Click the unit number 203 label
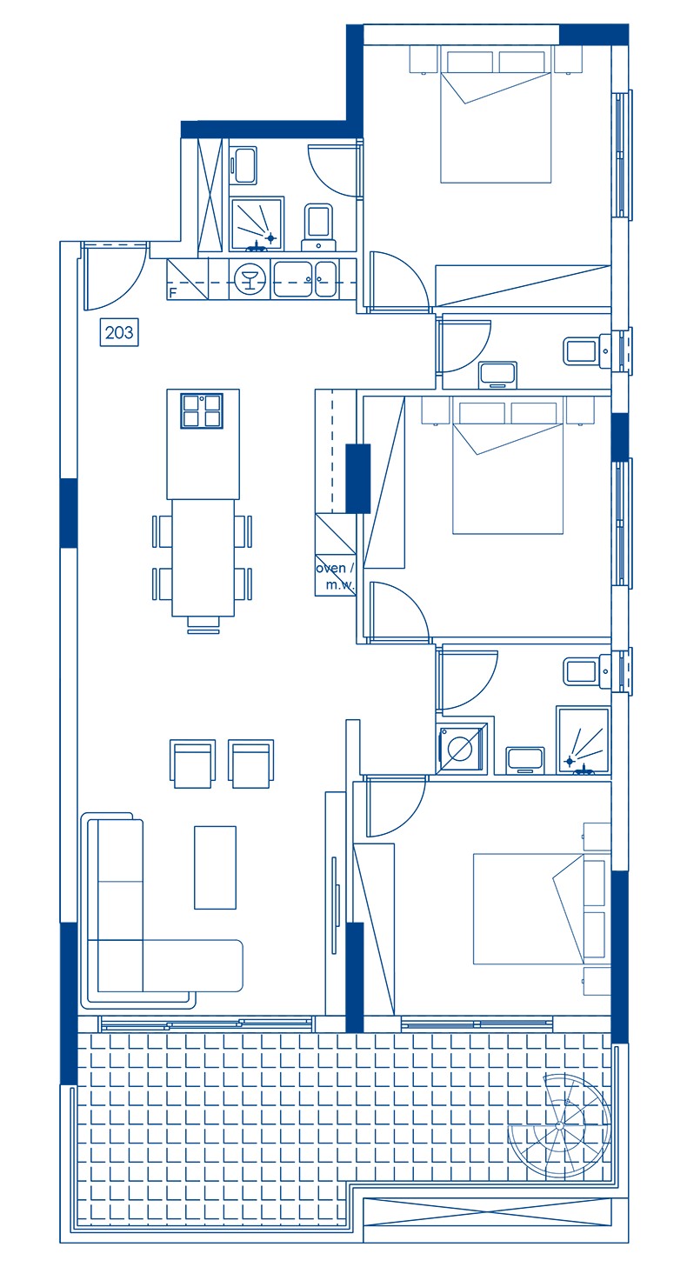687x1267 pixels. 119,332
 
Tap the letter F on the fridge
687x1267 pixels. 172,294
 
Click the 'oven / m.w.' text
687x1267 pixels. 336,577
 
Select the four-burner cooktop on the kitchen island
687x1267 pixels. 202,410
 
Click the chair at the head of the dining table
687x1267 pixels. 203,624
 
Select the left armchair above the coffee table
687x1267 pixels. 193,763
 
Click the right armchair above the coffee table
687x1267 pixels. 251,763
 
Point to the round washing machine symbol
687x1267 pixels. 460,749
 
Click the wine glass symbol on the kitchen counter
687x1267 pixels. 250,277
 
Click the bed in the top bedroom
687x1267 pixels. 496,115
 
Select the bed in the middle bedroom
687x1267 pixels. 508,466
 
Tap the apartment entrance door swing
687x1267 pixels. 116,277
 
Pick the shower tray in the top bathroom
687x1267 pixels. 257,224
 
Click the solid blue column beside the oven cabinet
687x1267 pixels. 357,478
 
